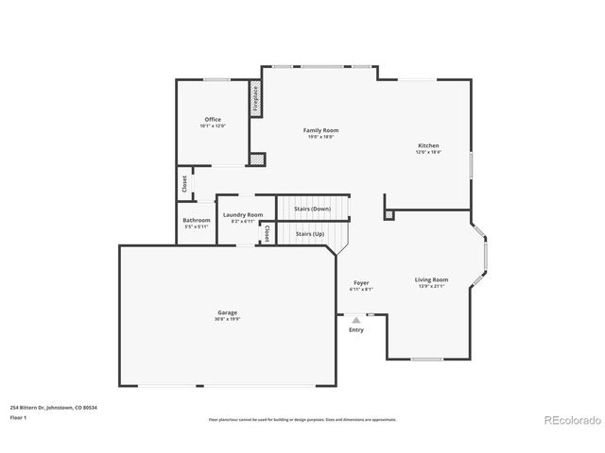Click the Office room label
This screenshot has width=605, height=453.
pyautogui.click(x=213, y=120)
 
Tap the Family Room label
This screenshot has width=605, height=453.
pyautogui.click(x=320, y=130)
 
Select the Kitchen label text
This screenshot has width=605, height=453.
pyautogui.click(x=428, y=145)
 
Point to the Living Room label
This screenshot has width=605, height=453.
pyautogui.click(x=431, y=279)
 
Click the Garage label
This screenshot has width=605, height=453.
pyautogui.click(x=227, y=312)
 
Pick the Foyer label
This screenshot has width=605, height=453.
pyautogui.click(x=361, y=283)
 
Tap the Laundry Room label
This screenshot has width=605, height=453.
pyautogui.click(x=243, y=215)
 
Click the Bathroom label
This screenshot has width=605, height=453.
pyautogui.click(x=197, y=221)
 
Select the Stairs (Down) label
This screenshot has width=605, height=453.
pyautogui.click(x=312, y=209)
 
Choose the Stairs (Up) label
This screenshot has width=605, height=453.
pyautogui.click(x=310, y=233)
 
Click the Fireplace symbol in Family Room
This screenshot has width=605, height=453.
pyautogui.click(x=255, y=99)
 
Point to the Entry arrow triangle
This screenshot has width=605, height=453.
pyautogui.click(x=356, y=321)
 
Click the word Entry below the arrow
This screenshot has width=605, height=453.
pyautogui.click(x=356, y=330)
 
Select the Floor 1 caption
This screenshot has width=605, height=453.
pyautogui.click(x=18, y=417)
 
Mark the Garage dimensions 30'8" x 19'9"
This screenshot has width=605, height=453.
pyautogui.click(x=227, y=319)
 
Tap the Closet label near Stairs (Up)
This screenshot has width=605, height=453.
pyautogui.click(x=267, y=232)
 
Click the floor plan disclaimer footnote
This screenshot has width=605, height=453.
pyautogui.click(x=302, y=419)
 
